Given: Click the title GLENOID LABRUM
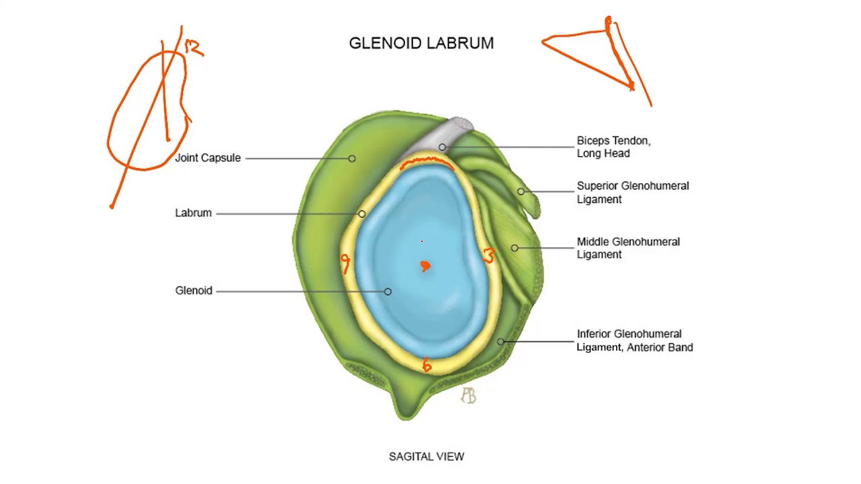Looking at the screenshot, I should [x=421, y=43].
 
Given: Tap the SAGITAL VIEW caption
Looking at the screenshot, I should [x=426, y=456].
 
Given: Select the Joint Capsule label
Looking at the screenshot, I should [x=208, y=158].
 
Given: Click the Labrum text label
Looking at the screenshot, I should [x=193, y=213].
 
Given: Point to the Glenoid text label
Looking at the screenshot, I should [x=194, y=290].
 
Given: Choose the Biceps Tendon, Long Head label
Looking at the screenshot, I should [x=613, y=147].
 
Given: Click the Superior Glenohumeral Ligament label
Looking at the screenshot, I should [x=632, y=192].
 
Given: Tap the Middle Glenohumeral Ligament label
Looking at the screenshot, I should [x=628, y=248].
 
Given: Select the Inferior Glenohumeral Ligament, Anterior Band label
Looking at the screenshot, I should [x=634, y=341].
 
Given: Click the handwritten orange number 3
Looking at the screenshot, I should [x=488, y=256].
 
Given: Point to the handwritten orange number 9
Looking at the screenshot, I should [x=346, y=262].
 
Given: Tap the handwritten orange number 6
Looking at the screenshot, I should [x=426, y=366].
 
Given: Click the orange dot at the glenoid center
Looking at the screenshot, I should [x=425, y=267].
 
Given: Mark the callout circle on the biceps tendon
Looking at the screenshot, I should [x=442, y=147].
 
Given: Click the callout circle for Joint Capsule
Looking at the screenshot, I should [x=352, y=159].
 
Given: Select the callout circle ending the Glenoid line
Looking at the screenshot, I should [x=387, y=291].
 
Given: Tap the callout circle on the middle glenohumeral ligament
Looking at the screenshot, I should [x=515, y=248].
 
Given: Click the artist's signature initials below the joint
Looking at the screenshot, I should [x=468, y=396].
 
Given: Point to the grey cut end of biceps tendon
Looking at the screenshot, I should [x=461, y=124].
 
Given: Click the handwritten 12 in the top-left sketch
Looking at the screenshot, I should [x=193, y=47].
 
